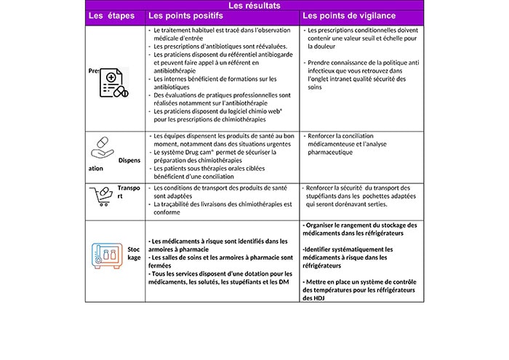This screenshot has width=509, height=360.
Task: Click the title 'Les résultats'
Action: pos(254,6)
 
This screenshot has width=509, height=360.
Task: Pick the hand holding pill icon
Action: pos(103,145)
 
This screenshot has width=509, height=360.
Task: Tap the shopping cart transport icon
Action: pos(102,195)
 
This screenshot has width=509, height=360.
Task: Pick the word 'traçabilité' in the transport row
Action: pos(177,204)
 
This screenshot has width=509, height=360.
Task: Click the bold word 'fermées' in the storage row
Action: pos(162,265)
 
